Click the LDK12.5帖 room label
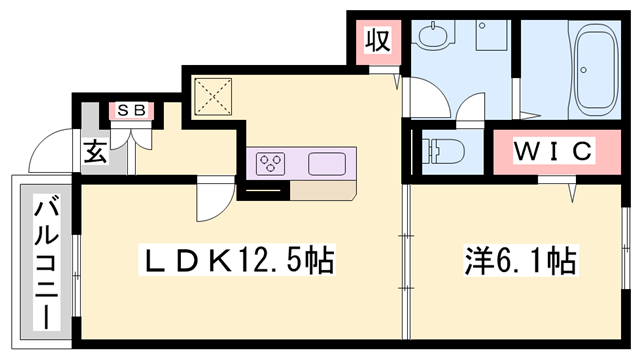tap(235, 263)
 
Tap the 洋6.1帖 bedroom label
tap(518, 263)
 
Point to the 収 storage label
tap(377, 41)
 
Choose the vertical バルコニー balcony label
tap(44, 262)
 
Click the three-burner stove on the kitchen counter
tap(272, 162)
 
